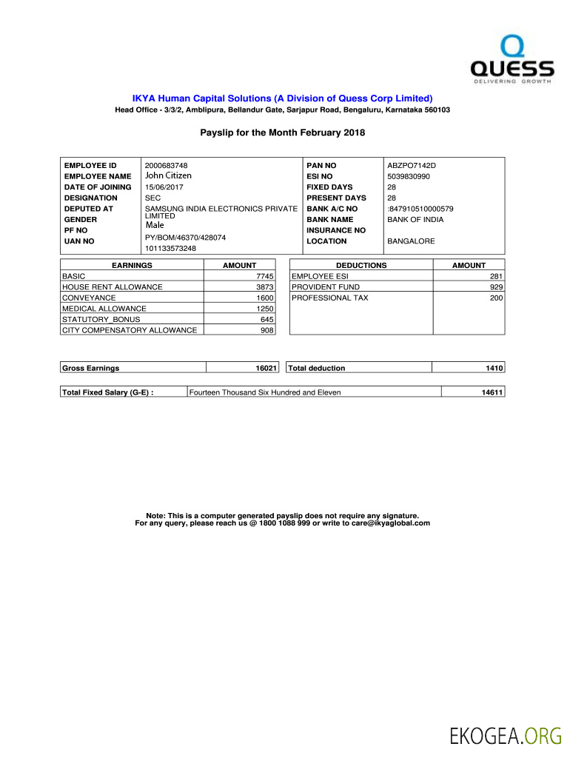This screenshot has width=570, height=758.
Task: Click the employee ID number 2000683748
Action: coord(167,165)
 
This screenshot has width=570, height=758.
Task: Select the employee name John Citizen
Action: coord(168,175)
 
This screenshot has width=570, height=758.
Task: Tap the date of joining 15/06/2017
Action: coord(164,187)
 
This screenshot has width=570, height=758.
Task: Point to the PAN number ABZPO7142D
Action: coord(412,165)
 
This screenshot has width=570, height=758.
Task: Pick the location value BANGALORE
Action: coord(411,241)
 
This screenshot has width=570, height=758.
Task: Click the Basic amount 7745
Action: coord(265,276)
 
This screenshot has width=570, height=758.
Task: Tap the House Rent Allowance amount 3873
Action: coord(265,287)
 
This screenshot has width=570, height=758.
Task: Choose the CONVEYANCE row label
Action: coord(89,298)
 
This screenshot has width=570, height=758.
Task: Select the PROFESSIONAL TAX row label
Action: coord(329,298)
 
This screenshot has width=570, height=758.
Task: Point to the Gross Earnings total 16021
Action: coord(264,368)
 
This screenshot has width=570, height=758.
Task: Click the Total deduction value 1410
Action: coord(494,368)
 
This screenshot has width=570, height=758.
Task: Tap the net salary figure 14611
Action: coord(492,392)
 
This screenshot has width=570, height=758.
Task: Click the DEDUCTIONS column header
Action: coord(361,265)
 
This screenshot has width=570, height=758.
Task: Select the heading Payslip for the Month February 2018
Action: coord(283,133)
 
